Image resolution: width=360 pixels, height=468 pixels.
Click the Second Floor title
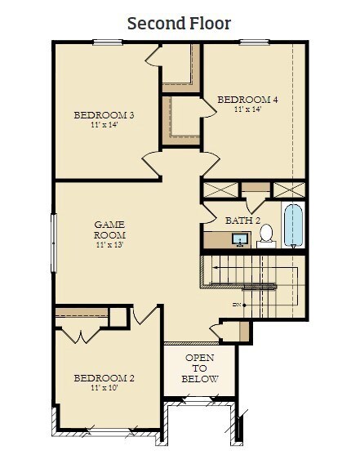180,24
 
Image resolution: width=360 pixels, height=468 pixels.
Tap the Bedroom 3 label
104,115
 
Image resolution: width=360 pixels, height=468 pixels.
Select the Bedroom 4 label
247,100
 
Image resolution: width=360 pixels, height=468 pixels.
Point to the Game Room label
109,230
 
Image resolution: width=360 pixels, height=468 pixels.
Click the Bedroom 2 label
104,378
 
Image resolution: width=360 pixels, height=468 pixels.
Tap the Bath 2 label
242,221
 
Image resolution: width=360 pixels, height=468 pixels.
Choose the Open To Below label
200,368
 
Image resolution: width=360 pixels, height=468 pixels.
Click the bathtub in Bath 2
293,226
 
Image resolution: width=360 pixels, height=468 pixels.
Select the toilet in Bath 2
266,236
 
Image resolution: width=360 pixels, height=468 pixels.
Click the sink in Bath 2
240,239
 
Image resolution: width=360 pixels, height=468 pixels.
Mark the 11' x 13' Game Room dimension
109,245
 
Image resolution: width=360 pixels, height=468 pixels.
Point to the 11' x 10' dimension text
104,388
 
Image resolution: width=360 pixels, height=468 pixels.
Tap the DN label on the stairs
237,305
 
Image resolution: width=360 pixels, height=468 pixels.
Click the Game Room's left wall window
54,243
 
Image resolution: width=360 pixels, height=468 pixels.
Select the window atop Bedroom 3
108,42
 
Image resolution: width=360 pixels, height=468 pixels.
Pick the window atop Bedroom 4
255,42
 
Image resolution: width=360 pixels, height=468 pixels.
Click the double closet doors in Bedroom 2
81,336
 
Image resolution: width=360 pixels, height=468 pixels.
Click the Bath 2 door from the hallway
210,213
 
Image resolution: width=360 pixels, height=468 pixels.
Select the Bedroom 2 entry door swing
144,314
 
